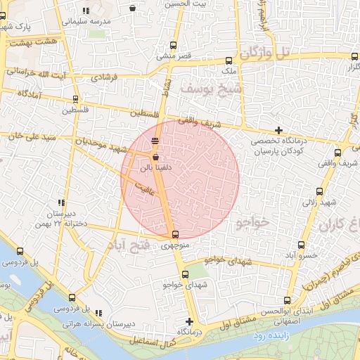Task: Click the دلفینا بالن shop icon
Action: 155,157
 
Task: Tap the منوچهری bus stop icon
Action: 175,235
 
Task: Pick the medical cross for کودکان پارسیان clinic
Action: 279,130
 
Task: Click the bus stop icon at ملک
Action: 229,61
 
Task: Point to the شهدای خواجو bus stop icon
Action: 185,274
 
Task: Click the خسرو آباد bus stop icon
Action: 301,245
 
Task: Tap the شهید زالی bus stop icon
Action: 321,191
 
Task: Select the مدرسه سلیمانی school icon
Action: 85,11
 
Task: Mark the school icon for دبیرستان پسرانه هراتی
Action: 98,313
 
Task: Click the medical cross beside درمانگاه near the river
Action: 189,321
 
